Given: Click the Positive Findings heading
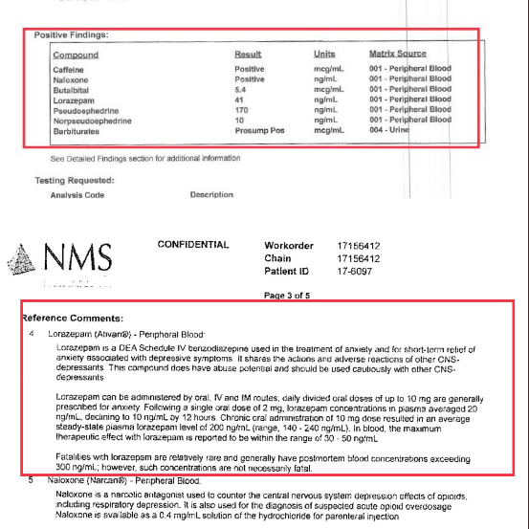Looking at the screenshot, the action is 72,35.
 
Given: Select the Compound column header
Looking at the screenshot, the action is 76,55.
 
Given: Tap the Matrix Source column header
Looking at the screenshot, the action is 397,54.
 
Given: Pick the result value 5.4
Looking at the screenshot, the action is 242,89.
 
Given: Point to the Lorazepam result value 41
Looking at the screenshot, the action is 240,99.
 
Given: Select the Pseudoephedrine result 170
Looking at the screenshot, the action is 242,110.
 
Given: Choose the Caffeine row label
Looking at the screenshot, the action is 68,70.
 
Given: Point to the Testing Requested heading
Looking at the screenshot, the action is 75,180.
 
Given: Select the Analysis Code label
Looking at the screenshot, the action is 77,195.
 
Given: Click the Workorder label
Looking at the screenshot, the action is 288,246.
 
